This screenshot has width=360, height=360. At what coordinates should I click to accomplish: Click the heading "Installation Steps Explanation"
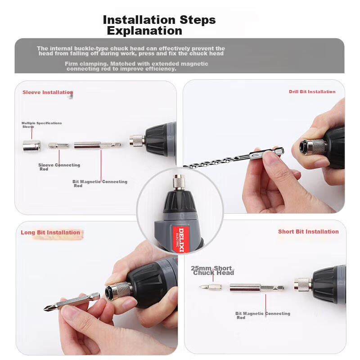coord(159,25)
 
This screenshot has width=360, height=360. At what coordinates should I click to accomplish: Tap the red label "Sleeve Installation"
coord(48,92)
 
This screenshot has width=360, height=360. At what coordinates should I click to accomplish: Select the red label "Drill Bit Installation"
coord(312,92)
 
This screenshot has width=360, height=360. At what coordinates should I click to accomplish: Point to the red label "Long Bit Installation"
coord(50,232)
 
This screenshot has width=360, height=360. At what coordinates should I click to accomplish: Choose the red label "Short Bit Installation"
coord(308,231)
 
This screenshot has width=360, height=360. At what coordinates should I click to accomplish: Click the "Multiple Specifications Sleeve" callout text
coord(41,125)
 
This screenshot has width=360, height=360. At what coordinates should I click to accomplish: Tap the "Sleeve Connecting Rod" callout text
coord(59,167)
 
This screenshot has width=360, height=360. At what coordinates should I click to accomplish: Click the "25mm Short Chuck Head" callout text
coord(212,270)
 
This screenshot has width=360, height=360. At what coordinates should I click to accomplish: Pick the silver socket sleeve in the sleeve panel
coord(31,146)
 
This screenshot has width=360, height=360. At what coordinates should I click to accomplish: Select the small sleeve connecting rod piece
coord(58,145)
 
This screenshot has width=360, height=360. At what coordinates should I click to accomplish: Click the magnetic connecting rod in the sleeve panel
coord(97,145)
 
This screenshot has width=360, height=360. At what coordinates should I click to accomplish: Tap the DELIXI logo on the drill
coord(181,240)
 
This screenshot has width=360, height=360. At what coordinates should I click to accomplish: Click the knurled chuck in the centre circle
coord(179,182)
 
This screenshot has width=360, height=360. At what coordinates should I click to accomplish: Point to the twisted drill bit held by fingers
coord(234,158)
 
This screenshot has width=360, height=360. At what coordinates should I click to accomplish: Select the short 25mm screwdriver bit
coord(211,287)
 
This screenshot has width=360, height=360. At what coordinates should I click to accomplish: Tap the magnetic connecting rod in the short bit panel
coord(257,288)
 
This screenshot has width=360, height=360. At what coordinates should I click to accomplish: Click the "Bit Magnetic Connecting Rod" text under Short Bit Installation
coord(263,315)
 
